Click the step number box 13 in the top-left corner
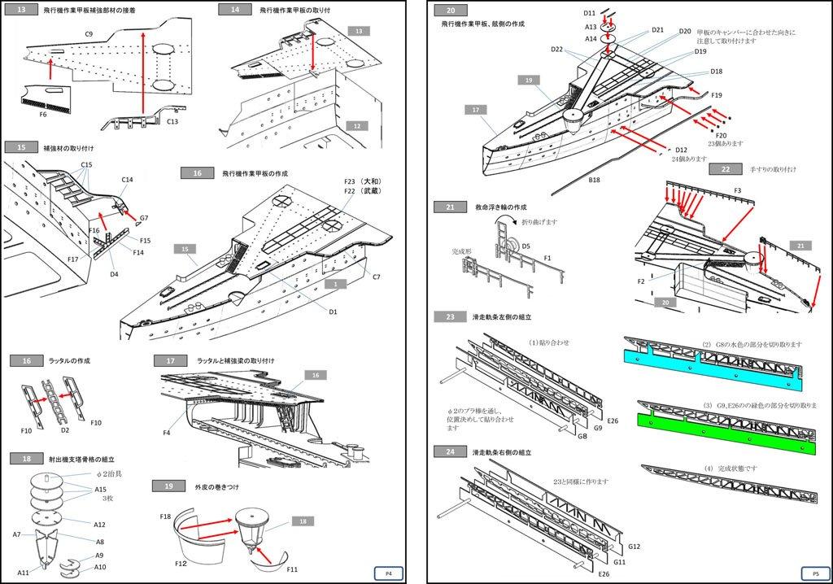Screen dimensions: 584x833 pos(21,10)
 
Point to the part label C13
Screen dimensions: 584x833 pos(172,121)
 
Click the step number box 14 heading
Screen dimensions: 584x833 pos(234,10)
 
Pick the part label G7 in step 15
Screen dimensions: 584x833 pos(144,218)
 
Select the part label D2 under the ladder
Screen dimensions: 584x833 pos(65,429)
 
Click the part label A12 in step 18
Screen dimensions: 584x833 pos(99,525)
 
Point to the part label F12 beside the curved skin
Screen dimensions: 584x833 pos(181,563)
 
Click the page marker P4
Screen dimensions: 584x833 pos(389,573)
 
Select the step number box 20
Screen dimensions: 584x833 pos(450,10)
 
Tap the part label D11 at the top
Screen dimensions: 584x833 pos(590,14)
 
